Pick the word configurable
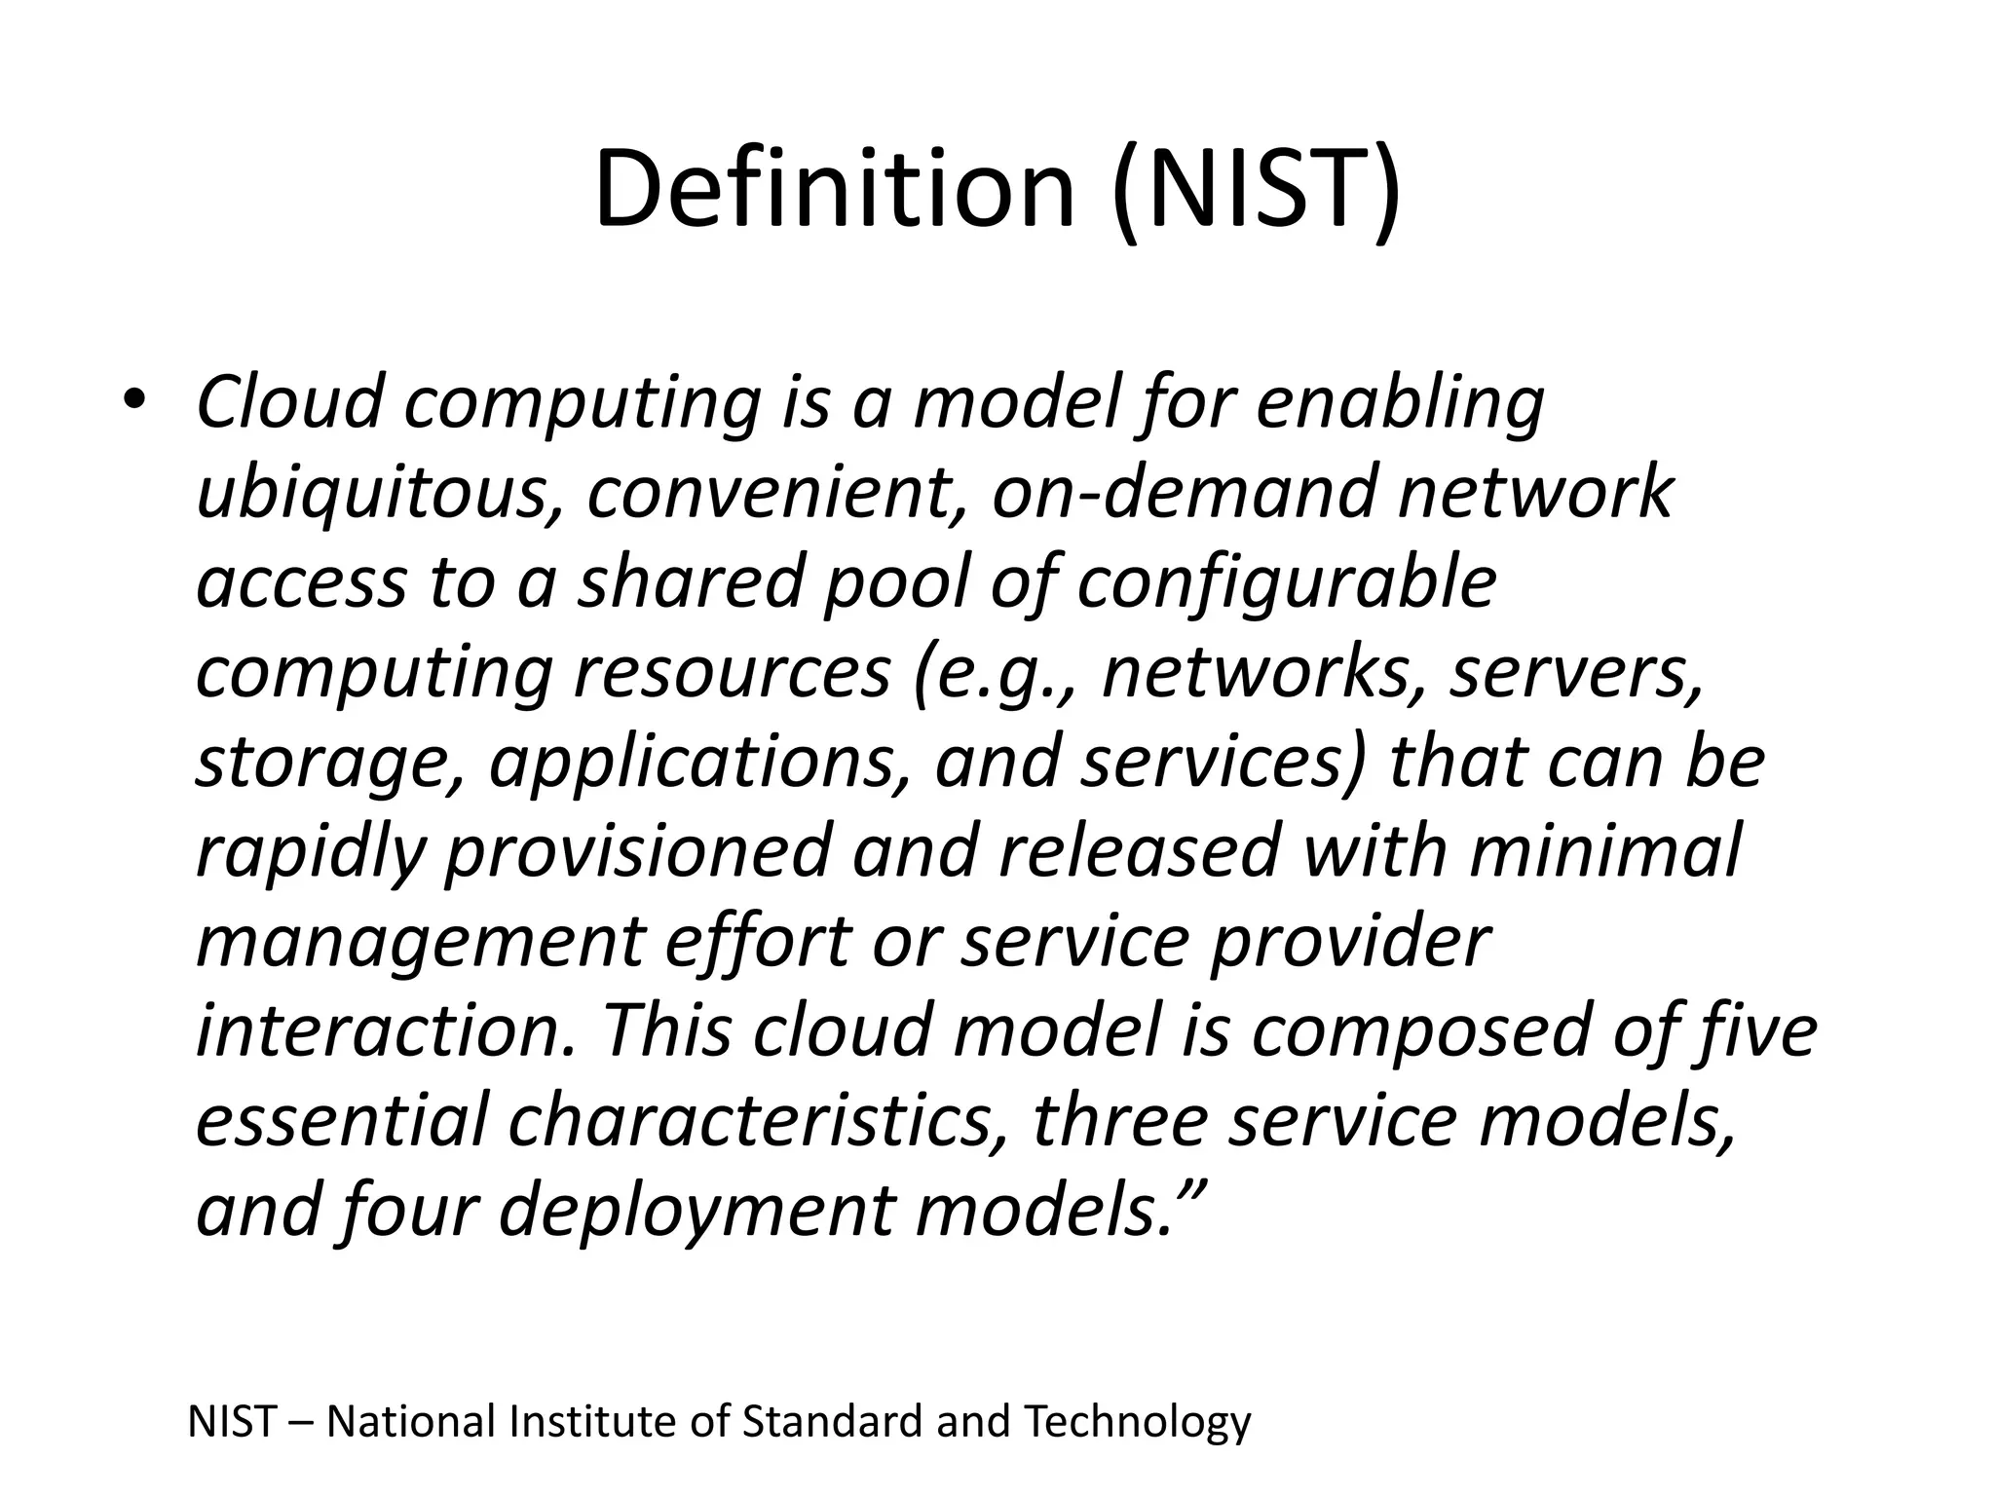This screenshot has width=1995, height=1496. coord(1286,581)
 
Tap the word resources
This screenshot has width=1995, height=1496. coord(732,672)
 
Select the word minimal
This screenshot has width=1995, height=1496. coord(1603,850)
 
